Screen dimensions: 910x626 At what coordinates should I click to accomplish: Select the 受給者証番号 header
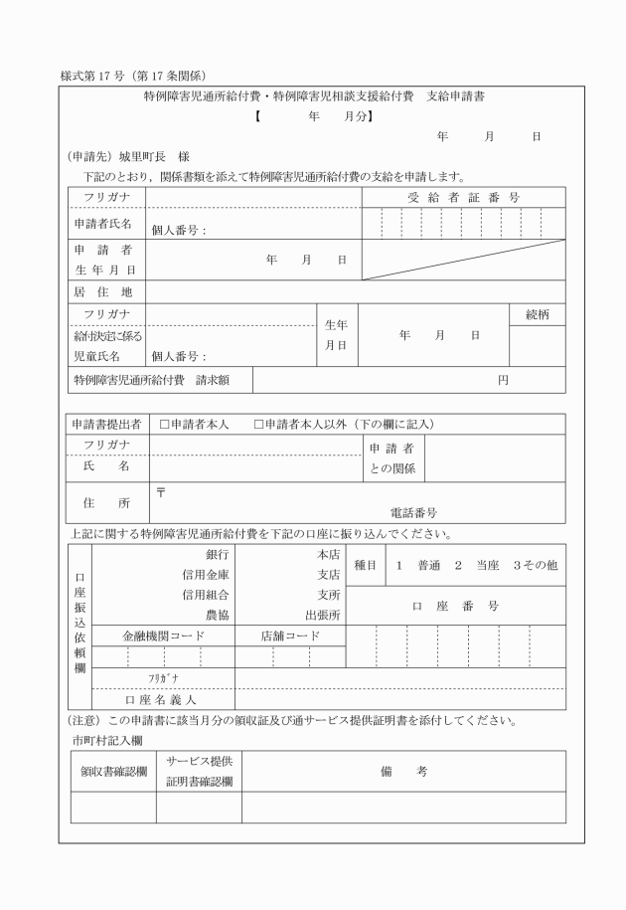463,198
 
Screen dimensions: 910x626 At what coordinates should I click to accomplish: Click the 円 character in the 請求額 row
503,380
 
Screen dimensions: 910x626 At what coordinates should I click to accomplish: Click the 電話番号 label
413,513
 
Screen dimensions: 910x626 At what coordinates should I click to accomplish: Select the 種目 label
365,565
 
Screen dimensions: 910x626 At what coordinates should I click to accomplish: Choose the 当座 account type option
487,565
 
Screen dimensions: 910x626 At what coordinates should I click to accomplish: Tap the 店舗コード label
290,636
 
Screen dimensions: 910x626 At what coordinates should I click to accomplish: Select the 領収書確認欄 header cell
113,771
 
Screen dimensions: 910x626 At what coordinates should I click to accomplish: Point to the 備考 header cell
403,771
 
